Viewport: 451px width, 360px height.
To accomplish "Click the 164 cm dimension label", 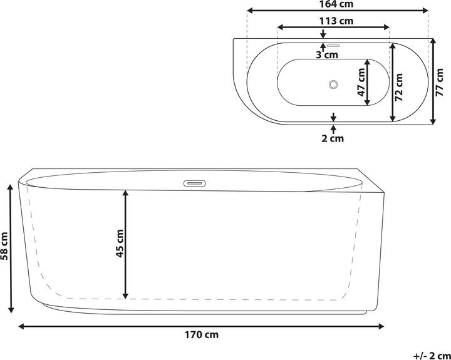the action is pyautogui.click(x=336, y=4).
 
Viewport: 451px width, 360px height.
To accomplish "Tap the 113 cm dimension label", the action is pyautogui.click(x=336, y=21).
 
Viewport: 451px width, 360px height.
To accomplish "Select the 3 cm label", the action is pyautogui.click(x=327, y=54).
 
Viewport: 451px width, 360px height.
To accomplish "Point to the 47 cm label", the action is pyautogui.click(x=361, y=82).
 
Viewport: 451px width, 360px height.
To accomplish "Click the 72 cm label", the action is pyautogui.click(x=398, y=88).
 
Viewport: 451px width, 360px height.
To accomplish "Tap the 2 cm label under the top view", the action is pyautogui.click(x=333, y=138).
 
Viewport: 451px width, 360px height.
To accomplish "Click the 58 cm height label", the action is pyautogui.click(x=4, y=246).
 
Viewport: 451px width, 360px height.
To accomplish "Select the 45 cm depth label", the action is pyautogui.click(x=119, y=244).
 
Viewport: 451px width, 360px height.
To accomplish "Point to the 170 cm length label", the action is pyautogui.click(x=201, y=335).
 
